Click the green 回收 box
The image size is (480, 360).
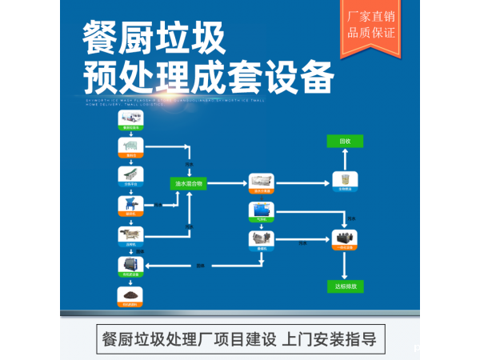346,141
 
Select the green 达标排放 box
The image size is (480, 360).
346,285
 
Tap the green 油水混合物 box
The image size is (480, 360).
190,183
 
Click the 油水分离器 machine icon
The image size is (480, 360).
262,182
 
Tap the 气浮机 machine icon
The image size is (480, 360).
262,210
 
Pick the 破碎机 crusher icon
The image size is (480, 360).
129,205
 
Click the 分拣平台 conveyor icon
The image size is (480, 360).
129,174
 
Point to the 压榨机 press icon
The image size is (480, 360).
129,235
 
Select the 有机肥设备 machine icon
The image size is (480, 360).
129,265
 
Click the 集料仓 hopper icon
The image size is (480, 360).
129,146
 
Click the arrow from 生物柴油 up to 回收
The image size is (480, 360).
346,159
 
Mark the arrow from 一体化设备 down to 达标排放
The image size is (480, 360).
346,263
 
